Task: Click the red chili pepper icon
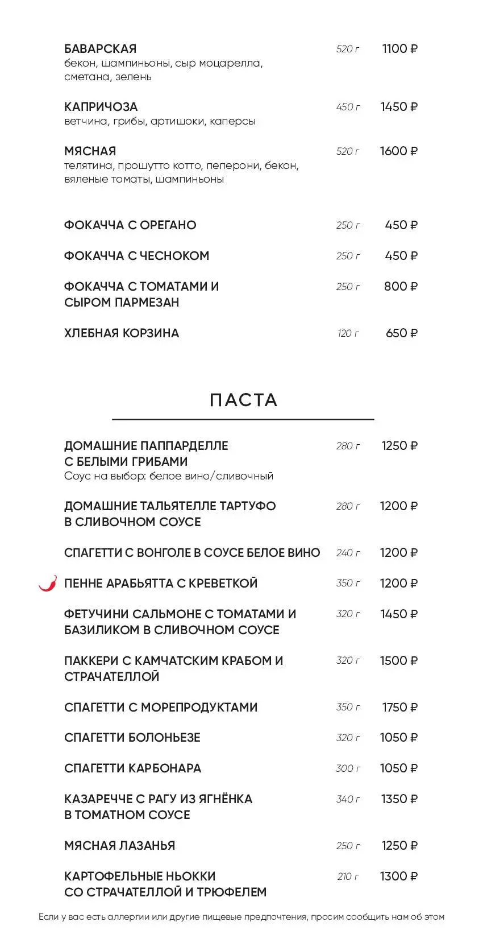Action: tap(48, 583)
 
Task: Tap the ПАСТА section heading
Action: tap(243, 400)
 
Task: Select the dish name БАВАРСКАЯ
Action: tap(101, 49)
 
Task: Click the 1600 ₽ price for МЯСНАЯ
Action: tap(398, 151)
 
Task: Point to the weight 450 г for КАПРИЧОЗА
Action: tap(348, 107)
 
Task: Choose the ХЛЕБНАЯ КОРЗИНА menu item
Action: tap(122, 333)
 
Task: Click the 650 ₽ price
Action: tap(401, 333)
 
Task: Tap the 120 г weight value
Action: tap(348, 333)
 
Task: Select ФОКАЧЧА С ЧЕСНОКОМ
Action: tap(136, 256)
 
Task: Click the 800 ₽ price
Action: tap(401, 287)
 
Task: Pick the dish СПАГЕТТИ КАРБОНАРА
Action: tap(132, 768)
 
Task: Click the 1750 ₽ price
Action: tap(399, 708)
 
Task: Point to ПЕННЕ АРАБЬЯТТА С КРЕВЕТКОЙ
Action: tap(161, 584)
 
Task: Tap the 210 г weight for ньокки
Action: tap(348, 876)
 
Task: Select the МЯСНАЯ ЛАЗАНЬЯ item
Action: tap(119, 846)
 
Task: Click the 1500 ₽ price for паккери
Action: tap(398, 661)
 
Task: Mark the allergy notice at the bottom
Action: tap(241, 917)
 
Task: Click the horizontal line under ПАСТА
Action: tap(243, 420)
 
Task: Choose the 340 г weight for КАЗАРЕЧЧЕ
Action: tap(348, 799)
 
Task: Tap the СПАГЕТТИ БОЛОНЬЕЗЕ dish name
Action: tap(132, 738)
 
